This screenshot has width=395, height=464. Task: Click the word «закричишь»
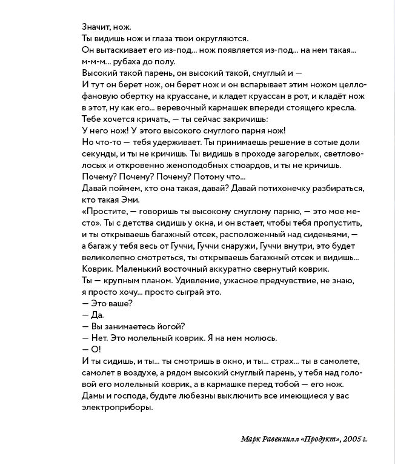[253, 119]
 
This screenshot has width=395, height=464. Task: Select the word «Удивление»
[201, 280]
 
